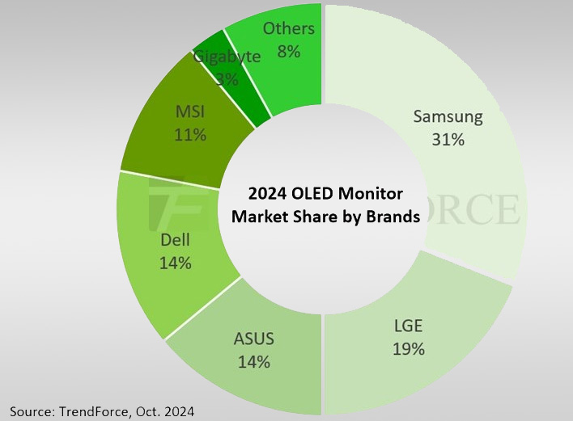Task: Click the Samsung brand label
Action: pyautogui.click(x=448, y=116)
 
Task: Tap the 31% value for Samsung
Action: pyautogui.click(x=448, y=140)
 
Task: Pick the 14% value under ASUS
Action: pyautogui.click(x=253, y=362)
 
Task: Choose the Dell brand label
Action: pyautogui.click(x=175, y=240)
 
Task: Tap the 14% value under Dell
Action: pyautogui.click(x=175, y=263)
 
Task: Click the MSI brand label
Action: pyautogui.click(x=189, y=112)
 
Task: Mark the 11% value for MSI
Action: pyautogui.click(x=189, y=134)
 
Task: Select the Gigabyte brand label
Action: pyautogui.click(x=227, y=57)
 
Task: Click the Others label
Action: pyautogui.click(x=289, y=28)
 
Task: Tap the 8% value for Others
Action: pyautogui.click(x=289, y=51)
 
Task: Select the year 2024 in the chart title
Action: pyautogui.click(x=266, y=194)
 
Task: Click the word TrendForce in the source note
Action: pyautogui.click(x=95, y=412)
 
